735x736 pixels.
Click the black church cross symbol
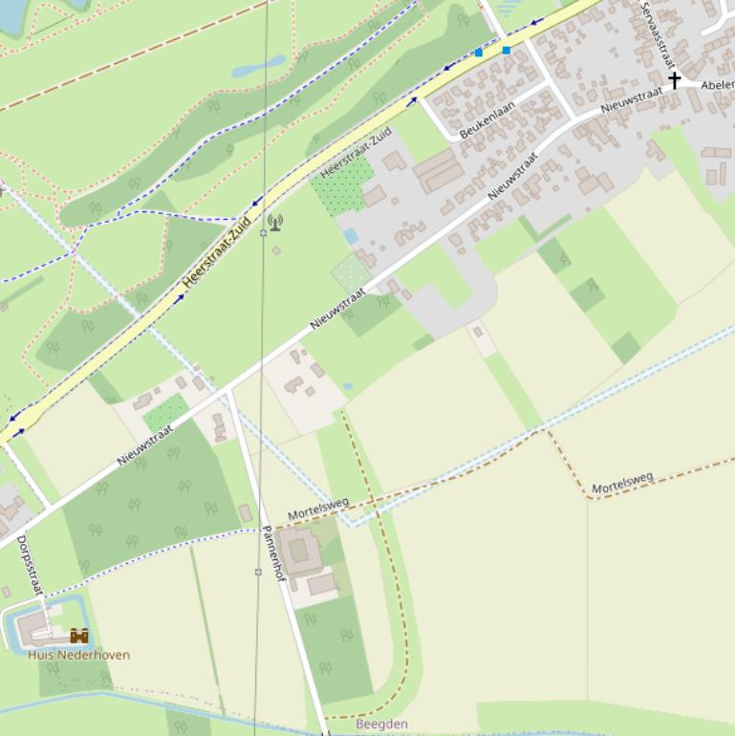674,80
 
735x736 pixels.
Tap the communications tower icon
275,223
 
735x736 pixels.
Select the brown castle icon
79,636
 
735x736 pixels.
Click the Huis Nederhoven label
78,655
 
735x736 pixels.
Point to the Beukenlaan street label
487,120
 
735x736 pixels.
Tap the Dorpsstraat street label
30,565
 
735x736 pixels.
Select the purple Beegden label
381,725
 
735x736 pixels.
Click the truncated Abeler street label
717,85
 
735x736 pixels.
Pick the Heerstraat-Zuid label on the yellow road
216,253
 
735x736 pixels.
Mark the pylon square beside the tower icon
264,233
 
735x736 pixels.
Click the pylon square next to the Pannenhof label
258,572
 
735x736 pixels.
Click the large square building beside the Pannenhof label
299,551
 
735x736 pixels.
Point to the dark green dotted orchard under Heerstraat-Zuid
343,184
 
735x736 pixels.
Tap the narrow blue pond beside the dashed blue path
258,66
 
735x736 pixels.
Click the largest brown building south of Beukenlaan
439,171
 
